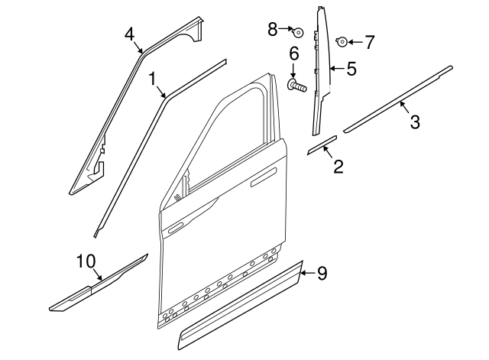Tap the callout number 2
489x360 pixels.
[x=337, y=165]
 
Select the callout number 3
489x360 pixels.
[x=413, y=122]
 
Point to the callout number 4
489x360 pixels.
[x=130, y=34]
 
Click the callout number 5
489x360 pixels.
[x=351, y=70]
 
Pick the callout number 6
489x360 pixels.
[x=293, y=54]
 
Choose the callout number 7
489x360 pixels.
[x=369, y=42]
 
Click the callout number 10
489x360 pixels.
[x=84, y=262]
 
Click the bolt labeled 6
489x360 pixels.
[x=296, y=87]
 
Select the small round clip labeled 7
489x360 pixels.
[x=343, y=41]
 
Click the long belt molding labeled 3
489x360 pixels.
[x=397, y=101]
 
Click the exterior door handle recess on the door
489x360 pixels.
[x=263, y=180]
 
